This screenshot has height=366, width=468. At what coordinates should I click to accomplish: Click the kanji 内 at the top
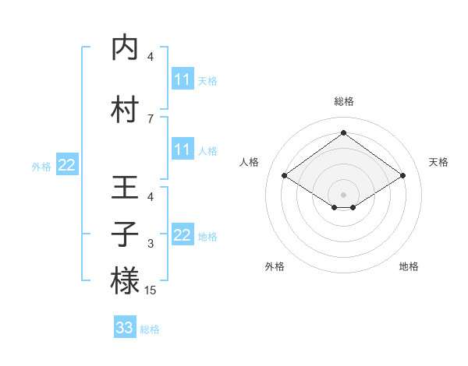125,48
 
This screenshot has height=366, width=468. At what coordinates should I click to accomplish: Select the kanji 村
125,110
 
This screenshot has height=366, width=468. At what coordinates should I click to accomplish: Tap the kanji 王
125,188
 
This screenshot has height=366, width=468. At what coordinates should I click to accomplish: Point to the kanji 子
125,234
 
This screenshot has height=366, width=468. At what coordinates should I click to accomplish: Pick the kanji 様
125,280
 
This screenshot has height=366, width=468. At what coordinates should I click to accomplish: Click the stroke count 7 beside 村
151,118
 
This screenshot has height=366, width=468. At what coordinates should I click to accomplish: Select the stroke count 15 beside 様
151,290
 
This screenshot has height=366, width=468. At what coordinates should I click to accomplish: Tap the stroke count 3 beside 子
151,244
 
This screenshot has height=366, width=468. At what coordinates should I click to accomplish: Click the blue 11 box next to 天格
183,79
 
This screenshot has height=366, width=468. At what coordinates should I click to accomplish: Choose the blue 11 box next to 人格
183,150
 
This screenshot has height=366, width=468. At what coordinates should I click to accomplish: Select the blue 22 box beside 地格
183,235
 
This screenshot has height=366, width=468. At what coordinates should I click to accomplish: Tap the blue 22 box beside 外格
67,165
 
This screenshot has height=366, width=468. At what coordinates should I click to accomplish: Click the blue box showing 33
125,328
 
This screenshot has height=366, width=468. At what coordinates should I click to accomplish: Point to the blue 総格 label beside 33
151,329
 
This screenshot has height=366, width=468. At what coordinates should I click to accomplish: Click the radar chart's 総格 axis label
344,101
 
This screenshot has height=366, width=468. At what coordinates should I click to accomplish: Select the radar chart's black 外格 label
275,266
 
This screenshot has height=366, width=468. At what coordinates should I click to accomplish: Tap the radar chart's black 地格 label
409,266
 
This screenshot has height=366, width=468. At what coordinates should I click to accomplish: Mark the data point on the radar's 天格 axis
402,176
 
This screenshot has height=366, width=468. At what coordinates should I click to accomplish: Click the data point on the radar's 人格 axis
285,176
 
